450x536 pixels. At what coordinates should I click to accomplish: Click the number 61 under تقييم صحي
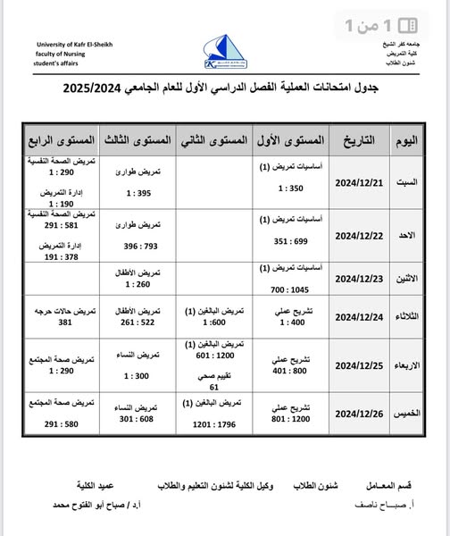(213, 387)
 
